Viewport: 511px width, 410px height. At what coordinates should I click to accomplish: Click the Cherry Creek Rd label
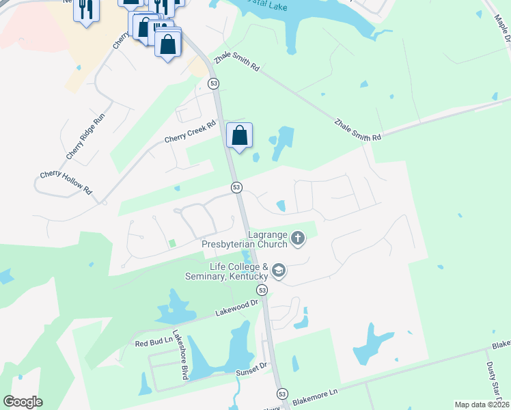pos(190,132)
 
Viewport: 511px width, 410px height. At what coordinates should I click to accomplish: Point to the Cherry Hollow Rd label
pos(66,182)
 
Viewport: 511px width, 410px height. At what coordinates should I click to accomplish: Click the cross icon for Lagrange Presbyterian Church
pos(297,238)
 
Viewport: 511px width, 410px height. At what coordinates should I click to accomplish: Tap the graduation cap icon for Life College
pos(279,271)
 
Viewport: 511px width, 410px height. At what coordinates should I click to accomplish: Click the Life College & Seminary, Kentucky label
pos(226,271)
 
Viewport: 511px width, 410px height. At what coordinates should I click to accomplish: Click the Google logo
pos(23,401)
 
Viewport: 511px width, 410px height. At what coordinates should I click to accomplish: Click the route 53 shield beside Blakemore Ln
pos(282,394)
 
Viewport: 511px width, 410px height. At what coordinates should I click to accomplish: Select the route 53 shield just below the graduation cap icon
pos(263,290)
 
